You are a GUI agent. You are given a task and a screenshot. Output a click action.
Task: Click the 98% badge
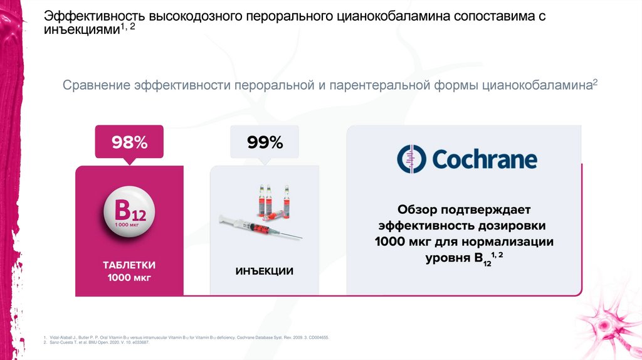coord(129,142)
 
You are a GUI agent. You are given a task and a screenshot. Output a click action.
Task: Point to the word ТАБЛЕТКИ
coord(129,265)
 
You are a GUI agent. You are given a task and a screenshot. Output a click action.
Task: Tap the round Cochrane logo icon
coord(411,159)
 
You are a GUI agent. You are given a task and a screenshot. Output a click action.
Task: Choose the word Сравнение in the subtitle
coord(96,85)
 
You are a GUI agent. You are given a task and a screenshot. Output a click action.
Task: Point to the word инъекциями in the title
coord(81,30)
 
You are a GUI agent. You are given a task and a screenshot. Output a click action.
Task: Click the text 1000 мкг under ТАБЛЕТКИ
coord(129,277)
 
